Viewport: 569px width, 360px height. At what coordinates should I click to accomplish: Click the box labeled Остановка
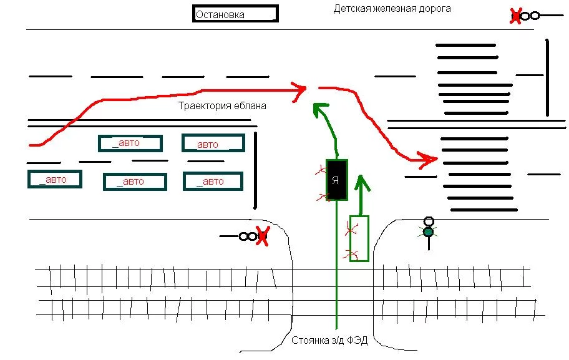235,14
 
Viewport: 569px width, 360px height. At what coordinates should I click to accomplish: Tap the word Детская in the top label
350,9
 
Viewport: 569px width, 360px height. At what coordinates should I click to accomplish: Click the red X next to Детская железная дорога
516,16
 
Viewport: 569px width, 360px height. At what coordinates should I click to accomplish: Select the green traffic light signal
428,231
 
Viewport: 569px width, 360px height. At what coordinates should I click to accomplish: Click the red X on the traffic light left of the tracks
262,236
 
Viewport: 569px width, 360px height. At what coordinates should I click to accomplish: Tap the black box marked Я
336,180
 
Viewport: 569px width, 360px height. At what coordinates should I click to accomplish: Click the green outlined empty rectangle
359,238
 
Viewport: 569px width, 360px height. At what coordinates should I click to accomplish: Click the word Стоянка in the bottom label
308,341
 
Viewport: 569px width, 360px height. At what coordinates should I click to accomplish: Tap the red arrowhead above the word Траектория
299,89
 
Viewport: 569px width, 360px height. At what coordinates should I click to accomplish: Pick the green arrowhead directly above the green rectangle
361,183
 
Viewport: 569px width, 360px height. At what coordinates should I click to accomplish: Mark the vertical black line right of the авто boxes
255,170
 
